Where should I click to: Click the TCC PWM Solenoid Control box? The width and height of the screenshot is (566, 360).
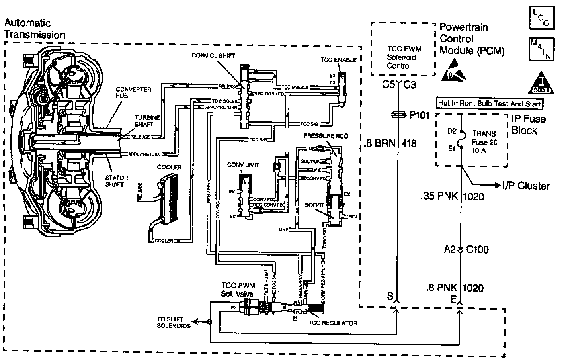(402, 48)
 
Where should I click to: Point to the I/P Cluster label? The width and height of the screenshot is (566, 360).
(525, 186)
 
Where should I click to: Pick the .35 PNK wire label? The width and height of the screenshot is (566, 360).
(440, 196)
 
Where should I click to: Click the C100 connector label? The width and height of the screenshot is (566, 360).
(477, 250)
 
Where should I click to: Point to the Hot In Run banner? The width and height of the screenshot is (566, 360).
(489, 104)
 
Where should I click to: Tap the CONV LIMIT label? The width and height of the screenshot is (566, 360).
(243, 165)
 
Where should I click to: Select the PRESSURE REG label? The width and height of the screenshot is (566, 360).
(320, 137)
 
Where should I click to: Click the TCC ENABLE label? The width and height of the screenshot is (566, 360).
(338, 60)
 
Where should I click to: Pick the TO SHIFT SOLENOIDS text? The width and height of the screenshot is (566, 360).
(173, 322)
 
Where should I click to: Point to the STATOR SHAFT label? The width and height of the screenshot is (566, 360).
(117, 181)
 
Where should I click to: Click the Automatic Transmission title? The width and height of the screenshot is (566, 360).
(35, 29)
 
